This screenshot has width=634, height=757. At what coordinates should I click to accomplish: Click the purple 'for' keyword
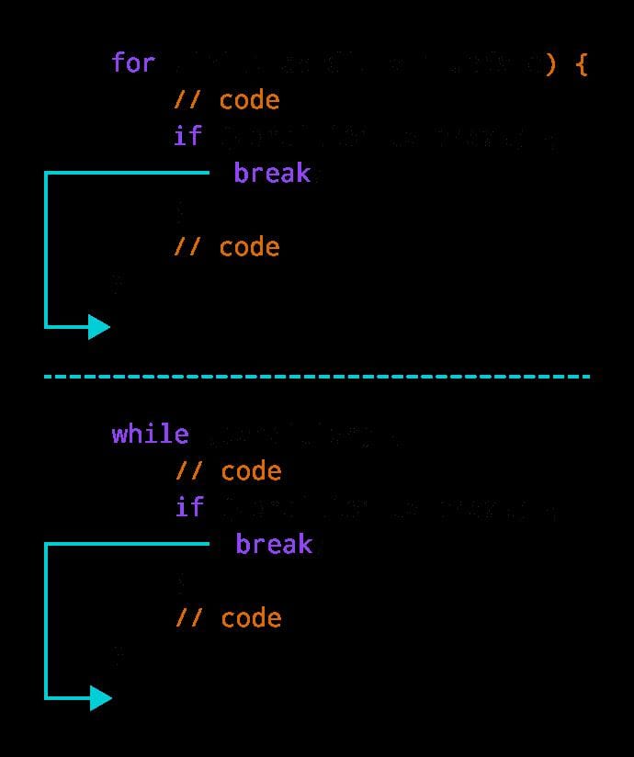[133, 63]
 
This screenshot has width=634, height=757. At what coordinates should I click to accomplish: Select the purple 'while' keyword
[150, 434]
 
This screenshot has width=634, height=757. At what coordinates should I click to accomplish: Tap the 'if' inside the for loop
[187, 137]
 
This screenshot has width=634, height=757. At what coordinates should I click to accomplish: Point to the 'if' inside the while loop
[189, 507]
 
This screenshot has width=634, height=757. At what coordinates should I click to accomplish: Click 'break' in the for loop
[272, 174]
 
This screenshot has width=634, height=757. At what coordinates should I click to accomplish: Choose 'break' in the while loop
[274, 544]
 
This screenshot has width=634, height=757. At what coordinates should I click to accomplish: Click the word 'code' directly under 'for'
[249, 100]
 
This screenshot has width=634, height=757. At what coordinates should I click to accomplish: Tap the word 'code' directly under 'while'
[251, 470]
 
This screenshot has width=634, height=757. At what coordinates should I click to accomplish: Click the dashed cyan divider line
[317, 376]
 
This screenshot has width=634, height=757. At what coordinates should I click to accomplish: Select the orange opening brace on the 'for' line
[580, 64]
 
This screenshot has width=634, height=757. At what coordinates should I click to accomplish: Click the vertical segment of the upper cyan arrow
[46, 248]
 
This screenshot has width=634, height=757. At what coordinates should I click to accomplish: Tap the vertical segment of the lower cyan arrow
[46, 620]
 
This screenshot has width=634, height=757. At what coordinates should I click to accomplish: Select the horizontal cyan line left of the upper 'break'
[129, 172]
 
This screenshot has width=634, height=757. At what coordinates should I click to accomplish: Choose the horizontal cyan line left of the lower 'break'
[129, 543]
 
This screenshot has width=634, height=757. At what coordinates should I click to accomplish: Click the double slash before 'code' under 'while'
[189, 470]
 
